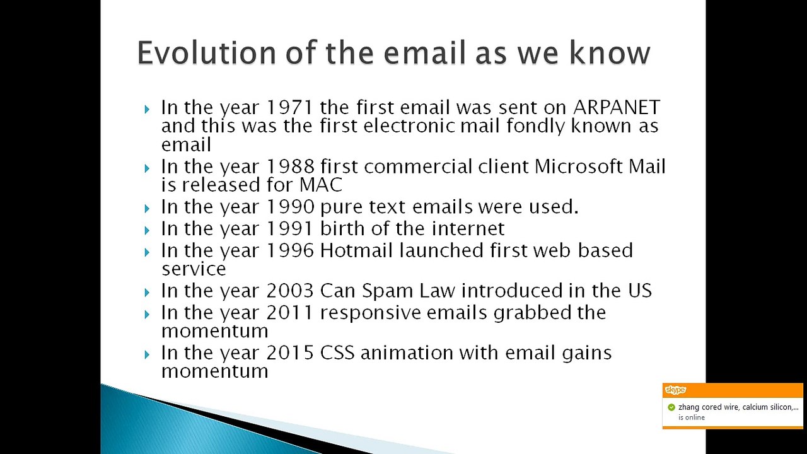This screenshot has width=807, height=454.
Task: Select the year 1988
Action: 290,167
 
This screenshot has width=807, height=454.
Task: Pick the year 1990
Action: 290,207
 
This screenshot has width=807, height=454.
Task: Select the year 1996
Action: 290,250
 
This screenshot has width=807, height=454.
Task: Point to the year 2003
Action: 290,291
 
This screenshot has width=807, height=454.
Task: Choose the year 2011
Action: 290,313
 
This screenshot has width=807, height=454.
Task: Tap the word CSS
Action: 337,353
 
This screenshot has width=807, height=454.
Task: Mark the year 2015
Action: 290,353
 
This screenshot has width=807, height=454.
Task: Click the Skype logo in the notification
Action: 675,390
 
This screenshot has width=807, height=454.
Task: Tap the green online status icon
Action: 671,407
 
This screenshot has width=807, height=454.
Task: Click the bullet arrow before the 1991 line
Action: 147,230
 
